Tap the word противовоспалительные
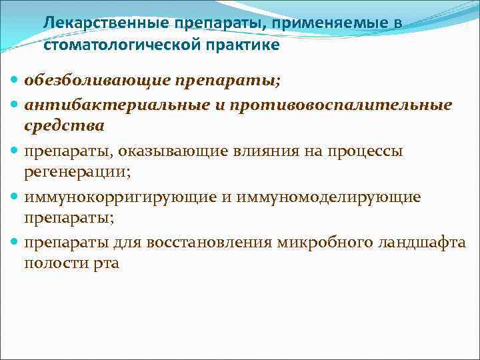[x=333, y=105]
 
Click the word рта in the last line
[x=106, y=263]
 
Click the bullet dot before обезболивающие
[x=16, y=81]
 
